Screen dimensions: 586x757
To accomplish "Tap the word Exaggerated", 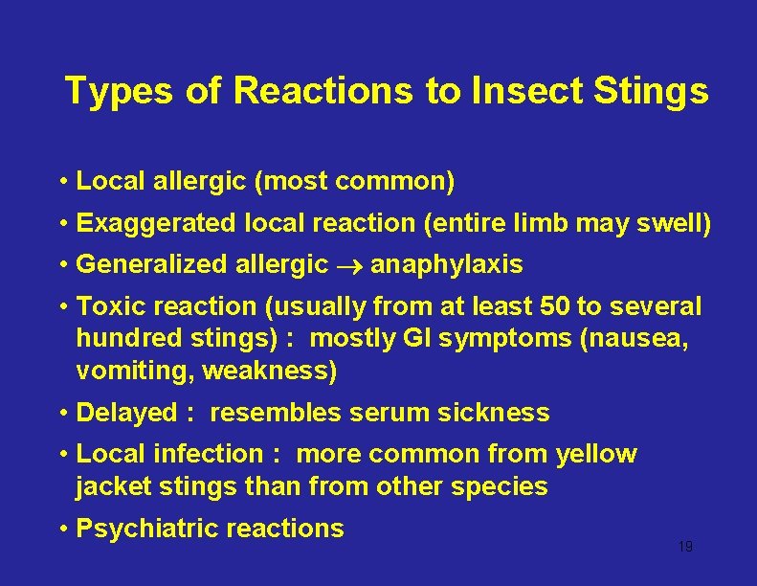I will coord(155,223).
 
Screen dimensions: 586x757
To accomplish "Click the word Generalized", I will coord(154,264).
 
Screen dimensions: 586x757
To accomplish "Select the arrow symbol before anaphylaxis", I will coord(349,265).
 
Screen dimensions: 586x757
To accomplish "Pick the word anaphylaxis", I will coord(446,265).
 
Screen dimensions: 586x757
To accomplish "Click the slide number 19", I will coord(684,547).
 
